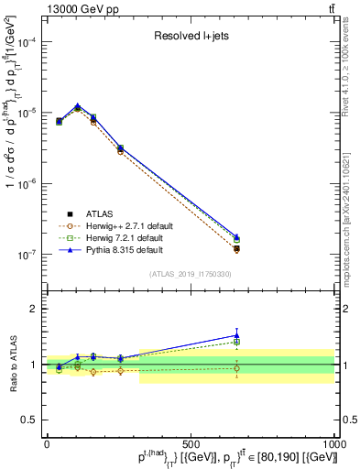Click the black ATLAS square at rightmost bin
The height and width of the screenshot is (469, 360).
tap(236, 248)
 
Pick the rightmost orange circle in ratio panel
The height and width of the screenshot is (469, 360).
tap(236, 368)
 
